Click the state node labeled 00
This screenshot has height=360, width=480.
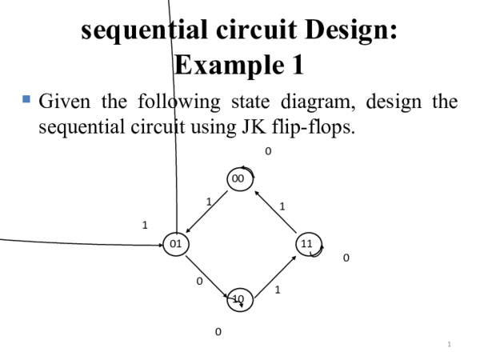click(238, 179)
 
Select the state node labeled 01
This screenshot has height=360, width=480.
click(174, 243)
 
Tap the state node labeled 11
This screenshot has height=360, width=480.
click(306, 243)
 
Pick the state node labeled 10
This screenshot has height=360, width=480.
click(239, 299)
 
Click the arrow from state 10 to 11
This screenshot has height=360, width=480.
click(274, 273)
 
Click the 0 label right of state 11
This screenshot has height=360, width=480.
click(346, 258)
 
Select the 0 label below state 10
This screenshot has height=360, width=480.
click(217, 331)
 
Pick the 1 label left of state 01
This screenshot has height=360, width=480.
click(145, 225)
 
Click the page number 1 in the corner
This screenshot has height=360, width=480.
click(450, 344)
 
